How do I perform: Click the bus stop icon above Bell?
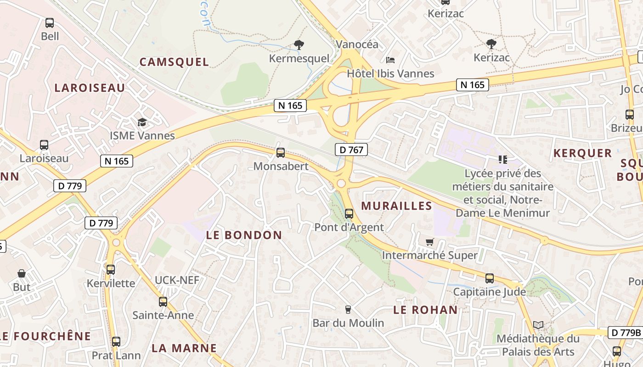pyautogui.click(x=49, y=23)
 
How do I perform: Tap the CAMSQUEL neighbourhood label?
pyautogui.click(x=174, y=62)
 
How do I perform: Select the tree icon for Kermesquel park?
pyautogui.click(x=299, y=45)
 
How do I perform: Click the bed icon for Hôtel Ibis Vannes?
pyautogui.click(x=390, y=60)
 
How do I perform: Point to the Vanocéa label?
pyautogui.click(x=357, y=44)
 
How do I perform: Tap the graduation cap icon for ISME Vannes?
pyautogui.click(x=142, y=122)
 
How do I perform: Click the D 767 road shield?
pyautogui.click(x=351, y=149)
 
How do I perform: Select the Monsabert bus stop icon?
pyautogui.click(x=281, y=153)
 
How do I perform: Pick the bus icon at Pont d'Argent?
pyautogui.click(x=349, y=214)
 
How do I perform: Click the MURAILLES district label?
pyautogui.click(x=397, y=206)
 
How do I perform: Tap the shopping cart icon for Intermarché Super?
pyautogui.click(x=430, y=242)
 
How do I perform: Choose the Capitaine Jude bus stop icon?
pyautogui.click(x=490, y=278)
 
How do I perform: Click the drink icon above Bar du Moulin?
pyautogui.click(x=348, y=310)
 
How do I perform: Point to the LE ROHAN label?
pyautogui.click(x=425, y=310)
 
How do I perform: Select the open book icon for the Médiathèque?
pyautogui.click(x=538, y=325)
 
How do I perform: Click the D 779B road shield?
pyautogui.click(x=625, y=333)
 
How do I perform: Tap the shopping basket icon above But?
pyautogui.click(x=22, y=274)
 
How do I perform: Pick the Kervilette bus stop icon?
pyautogui.click(x=111, y=270)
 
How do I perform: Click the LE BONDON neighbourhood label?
pyautogui.click(x=244, y=235)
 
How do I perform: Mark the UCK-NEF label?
pyautogui.click(x=177, y=280)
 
